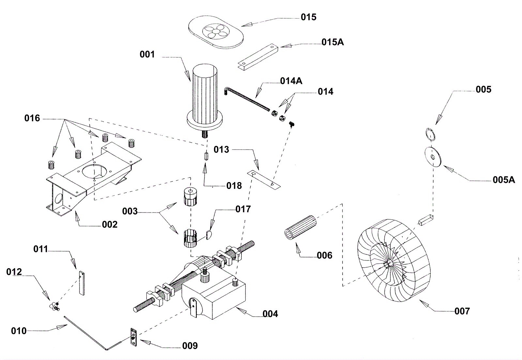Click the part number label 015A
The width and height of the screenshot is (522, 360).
(332, 42)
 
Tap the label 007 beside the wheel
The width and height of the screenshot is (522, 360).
(462, 311)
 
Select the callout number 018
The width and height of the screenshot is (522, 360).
(234, 186)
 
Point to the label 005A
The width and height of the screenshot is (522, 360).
(504, 180)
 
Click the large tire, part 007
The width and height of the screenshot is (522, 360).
(394, 260)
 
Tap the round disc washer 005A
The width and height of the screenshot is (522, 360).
(433, 157)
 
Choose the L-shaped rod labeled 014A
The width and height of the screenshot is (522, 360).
(247, 99)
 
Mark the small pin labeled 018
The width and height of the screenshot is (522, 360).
(206, 156)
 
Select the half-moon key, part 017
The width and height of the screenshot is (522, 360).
(208, 235)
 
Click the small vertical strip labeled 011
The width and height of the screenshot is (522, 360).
(82, 283)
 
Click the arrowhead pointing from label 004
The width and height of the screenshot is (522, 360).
(241, 311)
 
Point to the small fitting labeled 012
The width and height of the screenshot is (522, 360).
(54, 306)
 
